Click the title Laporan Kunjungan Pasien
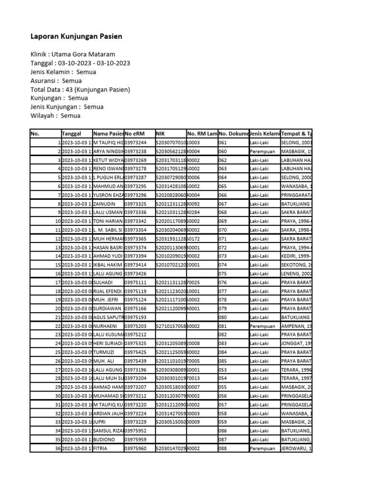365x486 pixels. (76, 36)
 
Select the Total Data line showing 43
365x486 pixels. (80, 89)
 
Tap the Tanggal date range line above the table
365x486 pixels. (80, 63)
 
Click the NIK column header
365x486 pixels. (160, 134)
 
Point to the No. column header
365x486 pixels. (35, 134)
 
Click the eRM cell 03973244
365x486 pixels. (135, 142)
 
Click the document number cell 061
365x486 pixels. (223, 142)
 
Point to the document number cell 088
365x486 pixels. (223, 448)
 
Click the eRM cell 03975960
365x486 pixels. (135, 448)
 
